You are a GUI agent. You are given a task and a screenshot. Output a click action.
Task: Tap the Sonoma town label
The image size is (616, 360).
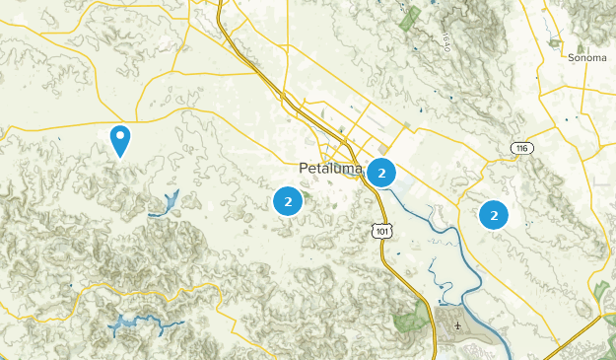coord(587,58)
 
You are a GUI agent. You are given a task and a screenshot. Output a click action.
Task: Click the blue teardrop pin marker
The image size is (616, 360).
coord(120,140)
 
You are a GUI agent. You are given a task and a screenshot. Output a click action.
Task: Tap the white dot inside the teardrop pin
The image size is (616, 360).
coord(120,135)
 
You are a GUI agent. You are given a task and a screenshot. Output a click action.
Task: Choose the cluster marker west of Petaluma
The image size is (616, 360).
coord(288,202)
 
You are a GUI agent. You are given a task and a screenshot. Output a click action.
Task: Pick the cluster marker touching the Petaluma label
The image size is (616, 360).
coord(382,174)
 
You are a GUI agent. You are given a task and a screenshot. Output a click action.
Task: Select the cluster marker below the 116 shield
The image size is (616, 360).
coord(494,214)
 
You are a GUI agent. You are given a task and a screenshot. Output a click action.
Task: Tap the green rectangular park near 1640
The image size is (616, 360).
coord(410,17)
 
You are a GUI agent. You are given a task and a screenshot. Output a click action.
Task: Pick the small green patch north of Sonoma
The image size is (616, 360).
coord(555,43)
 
